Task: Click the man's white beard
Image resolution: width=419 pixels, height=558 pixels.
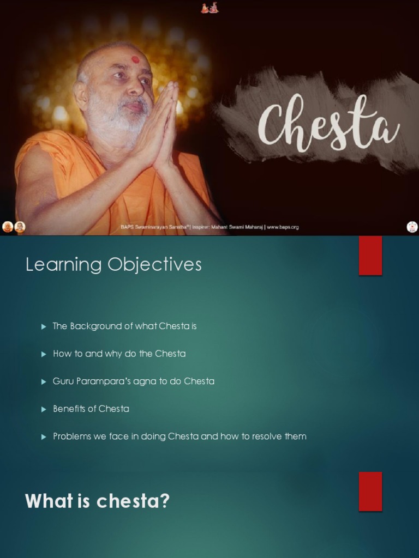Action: [x=112, y=117]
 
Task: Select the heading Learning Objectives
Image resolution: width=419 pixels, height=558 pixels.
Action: [x=113, y=265]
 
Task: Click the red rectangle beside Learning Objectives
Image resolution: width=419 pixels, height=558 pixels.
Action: [x=370, y=256]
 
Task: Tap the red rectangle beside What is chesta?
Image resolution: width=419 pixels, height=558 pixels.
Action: [x=370, y=491]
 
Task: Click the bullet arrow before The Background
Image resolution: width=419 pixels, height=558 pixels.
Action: [x=44, y=326]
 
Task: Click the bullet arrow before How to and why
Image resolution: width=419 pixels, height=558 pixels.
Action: [x=44, y=354]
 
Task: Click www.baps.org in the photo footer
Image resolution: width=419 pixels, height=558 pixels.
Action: [x=283, y=227]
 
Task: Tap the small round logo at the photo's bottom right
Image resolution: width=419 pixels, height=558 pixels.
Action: [x=412, y=227]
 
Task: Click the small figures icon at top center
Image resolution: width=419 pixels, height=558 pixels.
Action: [x=209, y=8]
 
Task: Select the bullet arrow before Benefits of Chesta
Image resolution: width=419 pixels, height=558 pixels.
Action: [x=44, y=409]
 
